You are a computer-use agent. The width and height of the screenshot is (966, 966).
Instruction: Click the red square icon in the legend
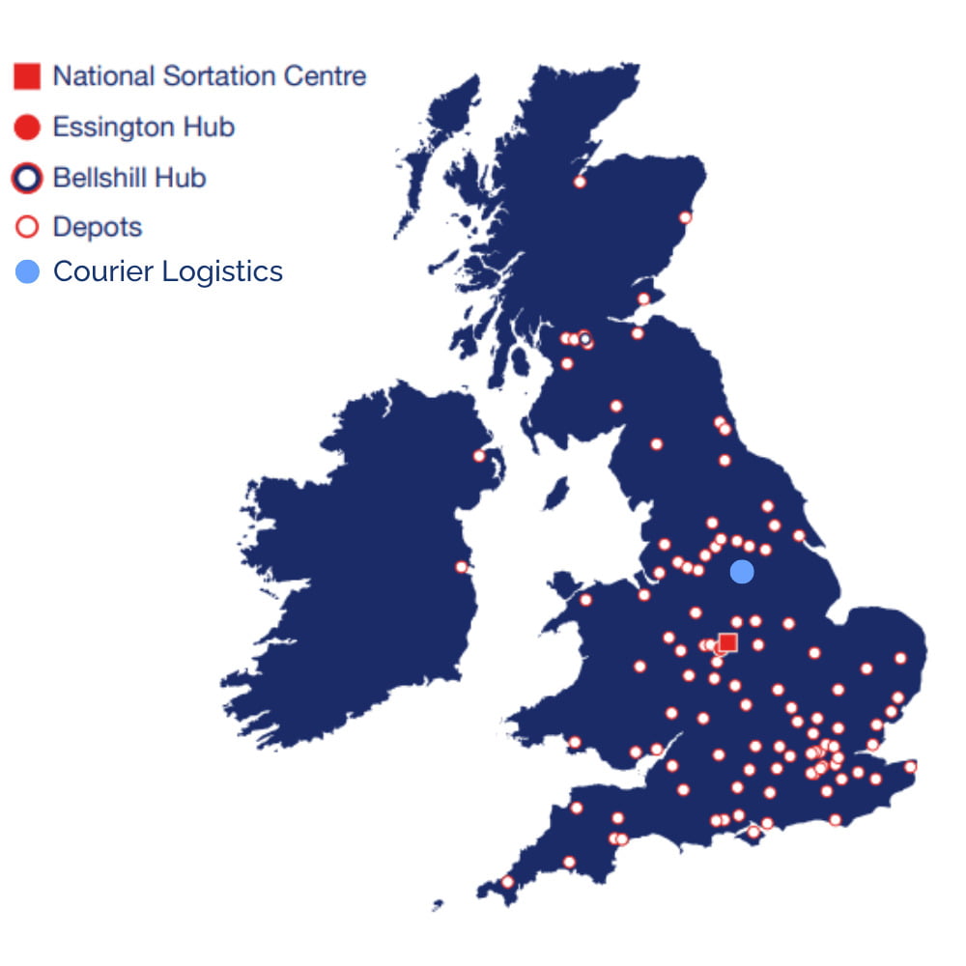[27, 76]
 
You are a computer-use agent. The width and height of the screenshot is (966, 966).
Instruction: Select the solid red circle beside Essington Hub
[27, 127]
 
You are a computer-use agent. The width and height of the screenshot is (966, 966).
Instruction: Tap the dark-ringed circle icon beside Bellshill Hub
[27, 178]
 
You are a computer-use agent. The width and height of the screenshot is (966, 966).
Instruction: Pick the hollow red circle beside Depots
[27, 227]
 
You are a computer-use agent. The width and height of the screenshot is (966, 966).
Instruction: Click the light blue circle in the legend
[27, 272]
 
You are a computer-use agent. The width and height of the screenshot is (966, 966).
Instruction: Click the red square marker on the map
[728, 642]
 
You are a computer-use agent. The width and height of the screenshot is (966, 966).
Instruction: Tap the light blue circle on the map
[741, 572]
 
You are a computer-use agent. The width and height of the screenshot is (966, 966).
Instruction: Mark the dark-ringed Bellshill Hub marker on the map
[585, 340]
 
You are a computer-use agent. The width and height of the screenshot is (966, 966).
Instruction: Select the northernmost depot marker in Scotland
[580, 182]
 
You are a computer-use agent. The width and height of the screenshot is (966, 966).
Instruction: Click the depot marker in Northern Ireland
[479, 456]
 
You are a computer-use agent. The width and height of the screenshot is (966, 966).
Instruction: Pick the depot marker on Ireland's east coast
[462, 567]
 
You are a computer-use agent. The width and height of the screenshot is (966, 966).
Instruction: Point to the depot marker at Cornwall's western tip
[508, 881]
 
